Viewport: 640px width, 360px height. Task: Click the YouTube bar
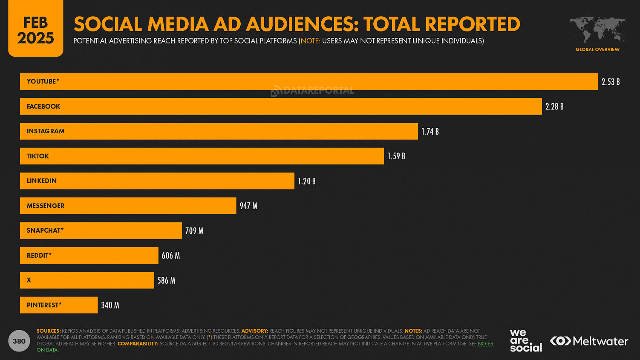click(x=309, y=81)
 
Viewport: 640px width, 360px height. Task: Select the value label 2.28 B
click(x=554, y=107)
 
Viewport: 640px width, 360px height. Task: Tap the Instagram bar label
click(x=46, y=131)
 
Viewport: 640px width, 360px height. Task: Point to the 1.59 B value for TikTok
click(x=396, y=156)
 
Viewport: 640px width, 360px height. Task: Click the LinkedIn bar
click(x=157, y=181)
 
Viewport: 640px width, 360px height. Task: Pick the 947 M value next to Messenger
click(x=248, y=206)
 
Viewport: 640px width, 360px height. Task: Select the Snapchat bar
click(x=101, y=230)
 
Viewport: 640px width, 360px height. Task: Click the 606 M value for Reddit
click(x=170, y=256)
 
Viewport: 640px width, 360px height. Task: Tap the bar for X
click(x=86, y=280)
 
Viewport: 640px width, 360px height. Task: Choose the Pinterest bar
click(x=59, y=305)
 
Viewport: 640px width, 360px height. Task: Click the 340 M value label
click(x=110, y=305)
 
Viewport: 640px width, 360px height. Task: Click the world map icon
click(x=597, y=30)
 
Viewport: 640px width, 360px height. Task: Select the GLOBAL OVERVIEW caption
click(x=597, y=49)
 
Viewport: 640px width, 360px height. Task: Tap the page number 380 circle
click(x=19, y=341)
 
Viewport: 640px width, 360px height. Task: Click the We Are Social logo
click(x=525, y=341)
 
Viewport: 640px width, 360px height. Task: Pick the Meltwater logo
click(x=589, y=341)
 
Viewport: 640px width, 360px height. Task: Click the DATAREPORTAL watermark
click(x=312, y=90)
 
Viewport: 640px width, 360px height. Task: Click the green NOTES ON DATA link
click(x=485, y=344)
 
